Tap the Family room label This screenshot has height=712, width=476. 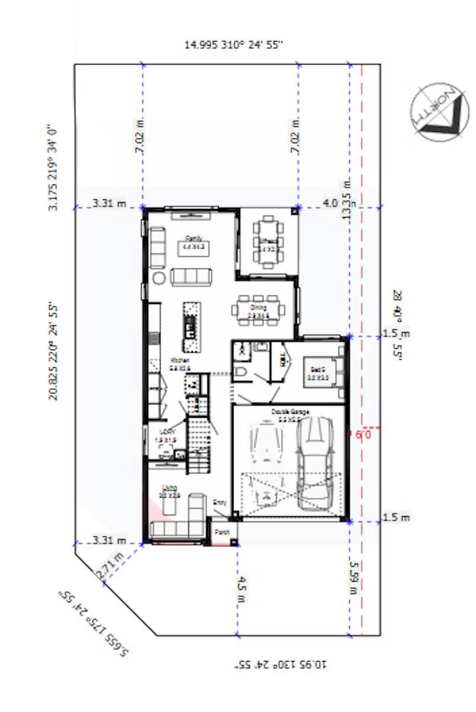click(193, 239)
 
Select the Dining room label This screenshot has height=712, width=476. click(257, 307)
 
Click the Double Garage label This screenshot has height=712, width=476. click(289, 411)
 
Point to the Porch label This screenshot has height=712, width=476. click(222, 532)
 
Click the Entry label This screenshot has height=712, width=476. click(219, 503)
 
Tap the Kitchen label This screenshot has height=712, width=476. click(180, 361)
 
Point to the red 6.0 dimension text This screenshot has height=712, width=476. click(363, 435)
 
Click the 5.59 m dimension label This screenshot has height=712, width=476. click(353, 578)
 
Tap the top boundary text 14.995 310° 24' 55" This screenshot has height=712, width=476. click(234, 45)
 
